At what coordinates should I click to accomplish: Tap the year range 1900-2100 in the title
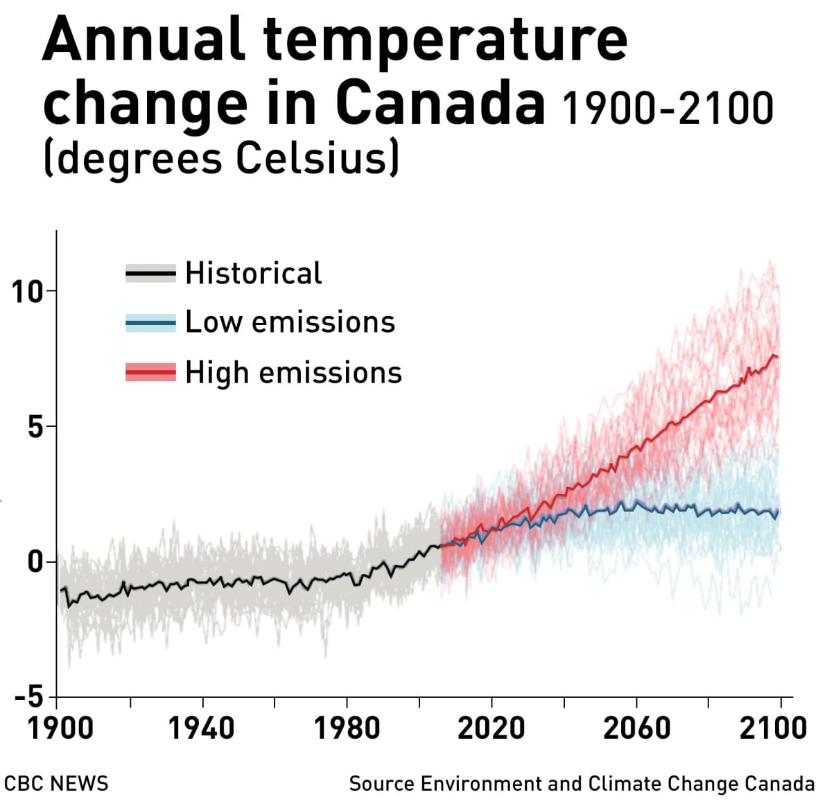pos(668,109)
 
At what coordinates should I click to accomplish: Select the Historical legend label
pos(253,273)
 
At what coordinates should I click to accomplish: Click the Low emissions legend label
pos(290,322)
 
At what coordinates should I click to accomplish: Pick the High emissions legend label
pos(293,373)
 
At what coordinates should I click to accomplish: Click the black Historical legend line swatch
pos(150,274)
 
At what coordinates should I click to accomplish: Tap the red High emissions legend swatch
pos(150,373)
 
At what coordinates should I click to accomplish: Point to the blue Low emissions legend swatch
pos(150,323)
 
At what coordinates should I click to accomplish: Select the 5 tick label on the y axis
pos(35,428)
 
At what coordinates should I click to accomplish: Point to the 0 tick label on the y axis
pos(35,562)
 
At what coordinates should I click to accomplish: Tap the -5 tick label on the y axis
pos(29,697)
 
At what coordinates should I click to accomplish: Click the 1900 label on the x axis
pos(60,728)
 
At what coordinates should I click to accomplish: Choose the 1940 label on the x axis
pos(201,728)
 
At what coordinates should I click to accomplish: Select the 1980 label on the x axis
pos(347,728)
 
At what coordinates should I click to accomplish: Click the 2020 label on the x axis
pos(491,728)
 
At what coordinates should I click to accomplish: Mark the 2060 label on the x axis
pos(636,728)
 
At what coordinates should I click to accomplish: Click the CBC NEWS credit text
pos(56,784)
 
